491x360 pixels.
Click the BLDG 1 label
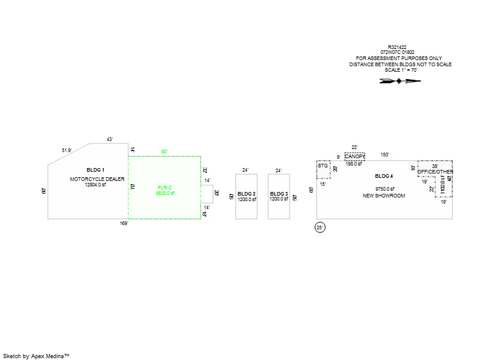pos(95,169)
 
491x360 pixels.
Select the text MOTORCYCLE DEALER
pos(97,179)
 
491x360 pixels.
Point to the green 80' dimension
pos(164,151)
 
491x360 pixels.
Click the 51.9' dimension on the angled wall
pos(67,150)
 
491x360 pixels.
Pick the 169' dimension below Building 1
pos(124,223)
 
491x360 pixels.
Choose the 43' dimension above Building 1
pos(110,140)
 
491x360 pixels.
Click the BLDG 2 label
pos(246,194)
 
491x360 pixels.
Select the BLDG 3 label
pos(279,194)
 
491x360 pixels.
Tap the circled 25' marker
pos(320,228)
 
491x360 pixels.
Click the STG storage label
pos(323,166)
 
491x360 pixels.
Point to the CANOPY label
pos(355,157)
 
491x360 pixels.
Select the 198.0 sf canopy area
pos(354,164)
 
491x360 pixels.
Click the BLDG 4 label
pos(384,176)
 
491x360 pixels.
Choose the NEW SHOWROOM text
pos(384,196)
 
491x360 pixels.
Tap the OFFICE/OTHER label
pos(435,172)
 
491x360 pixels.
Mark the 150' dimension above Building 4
pos(385,155)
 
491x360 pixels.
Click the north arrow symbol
pos(400,80)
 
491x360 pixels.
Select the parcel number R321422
pos(397,47)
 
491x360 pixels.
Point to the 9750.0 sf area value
pos(384,189)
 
